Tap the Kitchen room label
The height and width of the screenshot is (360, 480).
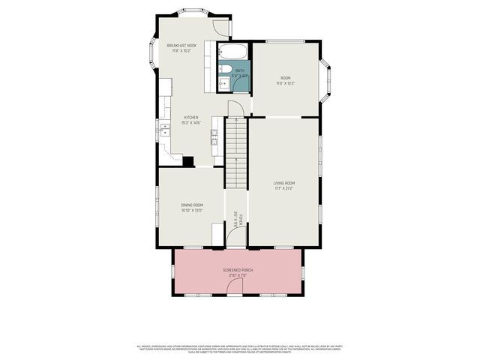(191, 117)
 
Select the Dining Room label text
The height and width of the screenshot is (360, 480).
(192, 205)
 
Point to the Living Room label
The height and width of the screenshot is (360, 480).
(283, 183)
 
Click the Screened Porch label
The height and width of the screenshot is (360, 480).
(238, 270)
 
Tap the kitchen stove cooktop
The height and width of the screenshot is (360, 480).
(214, 135)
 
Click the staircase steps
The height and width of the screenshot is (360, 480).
(237, 150)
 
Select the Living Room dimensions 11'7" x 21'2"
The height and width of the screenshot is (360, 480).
(283, 188)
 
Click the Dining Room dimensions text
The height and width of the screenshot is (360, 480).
(192, 211)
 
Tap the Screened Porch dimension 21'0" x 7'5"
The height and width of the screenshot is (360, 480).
(238, 275)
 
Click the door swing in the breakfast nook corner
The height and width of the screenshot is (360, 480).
(221, 28)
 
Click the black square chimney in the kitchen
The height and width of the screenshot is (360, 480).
(188, 161)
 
